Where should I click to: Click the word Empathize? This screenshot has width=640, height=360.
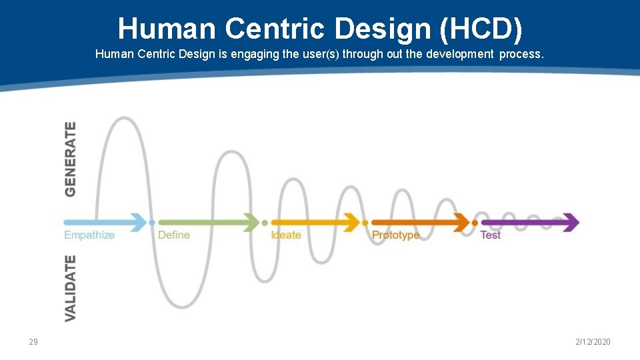pyautogui.click(x=89, y=235)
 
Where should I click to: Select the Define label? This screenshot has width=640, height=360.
pyautogui.click(x=174, y=235)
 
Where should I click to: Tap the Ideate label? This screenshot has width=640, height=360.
pyautogui.click(x=286, y=235)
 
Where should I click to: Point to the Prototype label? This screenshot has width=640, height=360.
pyautogui.click(x=396, y=235)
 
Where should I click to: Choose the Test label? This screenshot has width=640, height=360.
pyautogui.click(x=491, y=235)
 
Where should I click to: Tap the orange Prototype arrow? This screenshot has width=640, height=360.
pyautogui.click(x=421, y=222)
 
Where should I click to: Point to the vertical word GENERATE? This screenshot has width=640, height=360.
pyautogui.click(x=70, y=159)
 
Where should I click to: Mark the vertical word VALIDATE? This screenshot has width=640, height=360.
pyautogui.click(x=70, y=288)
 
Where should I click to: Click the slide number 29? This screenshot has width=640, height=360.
pyautogui.click(x=33, y=342)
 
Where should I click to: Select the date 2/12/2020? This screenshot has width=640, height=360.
pyautogui.click(x=593, y=342)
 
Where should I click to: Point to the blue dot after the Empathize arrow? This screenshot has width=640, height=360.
pyautogui.click(x=152, y=222)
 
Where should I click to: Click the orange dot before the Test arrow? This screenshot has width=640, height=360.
pyautogui.click(x=475, y=222)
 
